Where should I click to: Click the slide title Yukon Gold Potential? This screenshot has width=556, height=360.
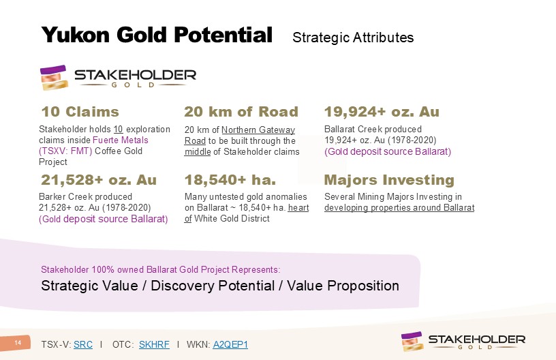[157, 35]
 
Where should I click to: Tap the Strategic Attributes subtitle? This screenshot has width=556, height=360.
[353, 37]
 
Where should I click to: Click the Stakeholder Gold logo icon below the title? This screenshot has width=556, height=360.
[54, 77]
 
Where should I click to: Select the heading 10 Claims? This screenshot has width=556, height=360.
[80, 112]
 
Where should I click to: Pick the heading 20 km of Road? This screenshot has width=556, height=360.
[241, 112]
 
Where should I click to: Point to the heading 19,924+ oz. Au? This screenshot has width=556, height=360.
[382, 112]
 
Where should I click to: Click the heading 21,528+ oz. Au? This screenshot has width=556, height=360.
[99, 180]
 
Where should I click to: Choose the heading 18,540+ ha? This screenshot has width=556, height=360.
[230, 180]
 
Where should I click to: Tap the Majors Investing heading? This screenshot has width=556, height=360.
[389, 180]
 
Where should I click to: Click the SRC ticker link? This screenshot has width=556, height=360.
[83, 344]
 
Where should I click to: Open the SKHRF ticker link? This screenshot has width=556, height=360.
[154, 344]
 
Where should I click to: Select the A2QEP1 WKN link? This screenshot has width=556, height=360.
[230, 344]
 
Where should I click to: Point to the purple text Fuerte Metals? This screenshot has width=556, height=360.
[121, 140]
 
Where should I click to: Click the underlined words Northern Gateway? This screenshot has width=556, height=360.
[258, 130]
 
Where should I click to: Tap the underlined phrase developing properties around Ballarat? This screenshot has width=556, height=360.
[399, 208]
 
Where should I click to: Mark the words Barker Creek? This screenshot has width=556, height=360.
[62, 197]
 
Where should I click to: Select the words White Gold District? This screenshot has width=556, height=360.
[232, 218]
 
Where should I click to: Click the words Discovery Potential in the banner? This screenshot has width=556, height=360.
[213, 286]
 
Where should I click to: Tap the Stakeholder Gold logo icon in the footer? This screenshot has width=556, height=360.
[412, 341]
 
